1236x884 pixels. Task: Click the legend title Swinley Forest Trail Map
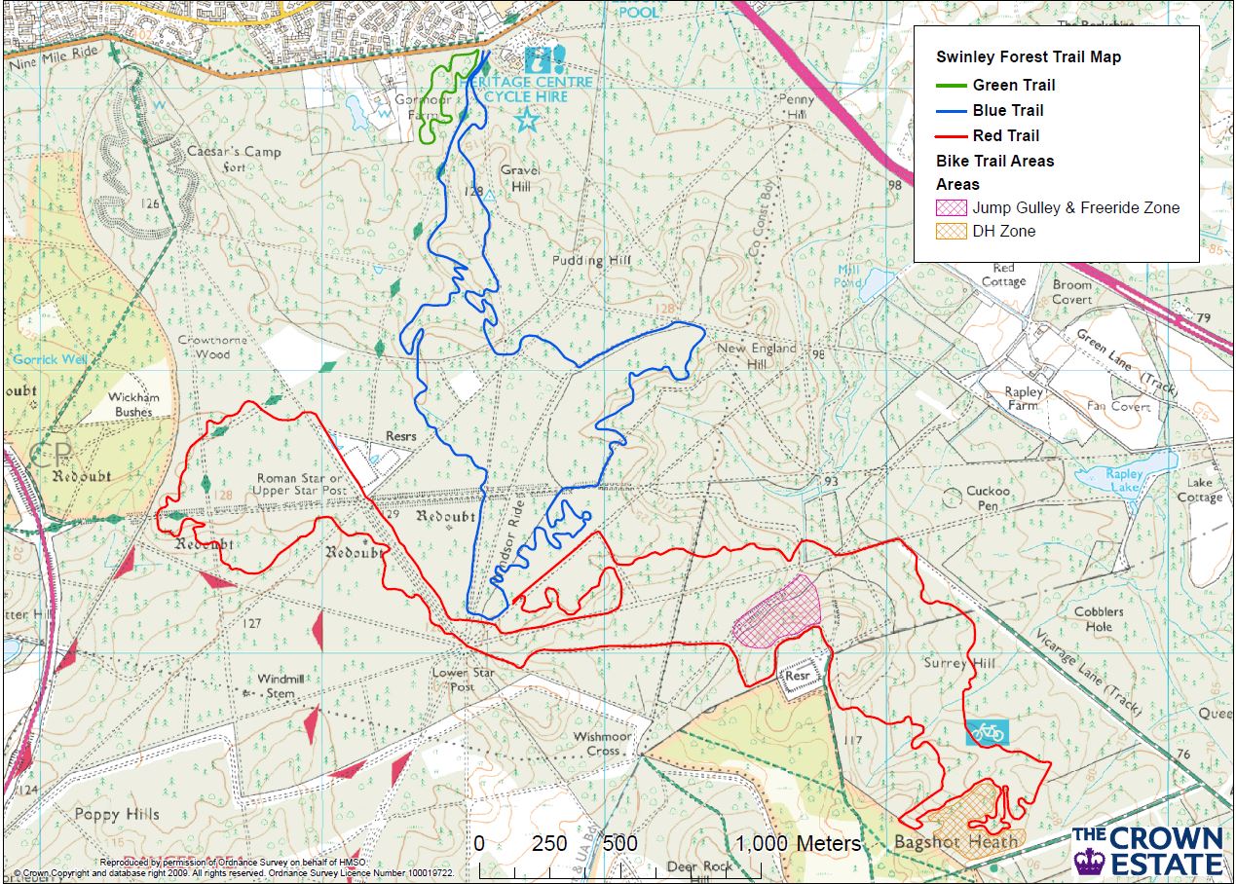coord(1028,57)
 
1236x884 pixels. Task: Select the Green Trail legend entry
coord(1013,85)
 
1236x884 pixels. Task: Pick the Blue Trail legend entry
coord(1007,110)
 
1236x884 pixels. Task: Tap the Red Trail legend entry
coord(1005,135)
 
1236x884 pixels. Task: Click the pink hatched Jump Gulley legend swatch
coord(952,207)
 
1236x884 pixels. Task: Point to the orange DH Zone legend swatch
coord(952,232)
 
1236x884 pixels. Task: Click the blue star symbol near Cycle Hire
coord(527,121)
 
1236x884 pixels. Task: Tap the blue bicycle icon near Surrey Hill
coord(987,733)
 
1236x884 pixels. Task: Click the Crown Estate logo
coord(1148,850)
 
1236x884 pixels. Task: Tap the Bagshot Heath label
coord(955,841)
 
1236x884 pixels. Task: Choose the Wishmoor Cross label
coord(603,744)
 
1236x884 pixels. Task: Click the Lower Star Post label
coord(464,680)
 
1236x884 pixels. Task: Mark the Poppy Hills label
coord(117,814)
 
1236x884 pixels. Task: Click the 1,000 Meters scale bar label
coord(798,843)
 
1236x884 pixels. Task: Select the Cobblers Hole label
coord(1099,619)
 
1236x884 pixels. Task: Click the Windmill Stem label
coord(276,685)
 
